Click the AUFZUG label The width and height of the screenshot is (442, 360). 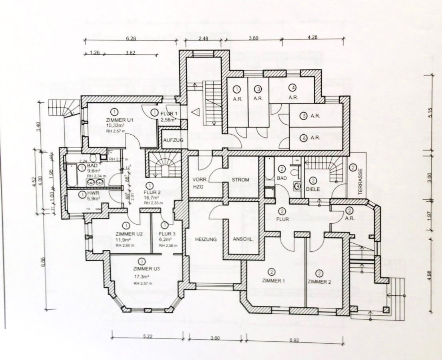(173, 141)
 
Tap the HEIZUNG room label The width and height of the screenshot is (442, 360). (206, 239)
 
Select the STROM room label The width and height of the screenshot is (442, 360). (241, 180)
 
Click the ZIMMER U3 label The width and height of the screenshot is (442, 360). (142, 269)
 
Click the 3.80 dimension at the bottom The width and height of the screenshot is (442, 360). (215, 338)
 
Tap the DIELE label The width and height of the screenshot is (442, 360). (313, 189)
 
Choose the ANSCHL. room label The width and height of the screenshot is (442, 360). (242, 239)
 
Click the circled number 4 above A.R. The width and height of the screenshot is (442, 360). (293, 88)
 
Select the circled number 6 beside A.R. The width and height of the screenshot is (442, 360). (303, 137)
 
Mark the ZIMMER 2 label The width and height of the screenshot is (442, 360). (319, 282)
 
